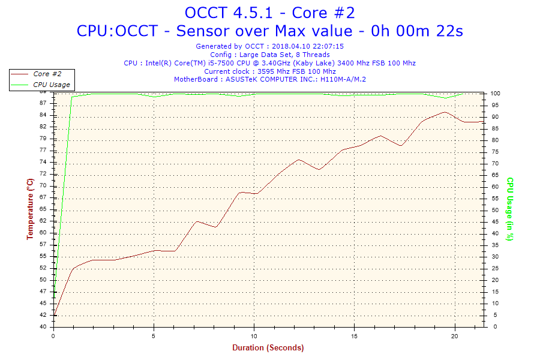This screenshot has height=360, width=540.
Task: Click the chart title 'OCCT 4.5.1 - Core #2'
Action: coord(269,13)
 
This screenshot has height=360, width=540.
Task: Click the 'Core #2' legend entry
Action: coord(47,74)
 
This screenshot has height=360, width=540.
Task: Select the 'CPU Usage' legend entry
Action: coord(51,85)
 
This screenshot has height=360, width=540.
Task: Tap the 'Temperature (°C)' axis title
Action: coord(29,209)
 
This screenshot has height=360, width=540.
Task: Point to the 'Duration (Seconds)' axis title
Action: coord(268,347)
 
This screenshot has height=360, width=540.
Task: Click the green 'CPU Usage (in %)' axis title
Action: coord(510,209)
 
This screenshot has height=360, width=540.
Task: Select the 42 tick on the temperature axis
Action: coord(43,315)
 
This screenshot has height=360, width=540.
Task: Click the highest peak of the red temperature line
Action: coord(445,112)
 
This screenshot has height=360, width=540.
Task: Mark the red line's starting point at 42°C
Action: coord(55,315)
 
